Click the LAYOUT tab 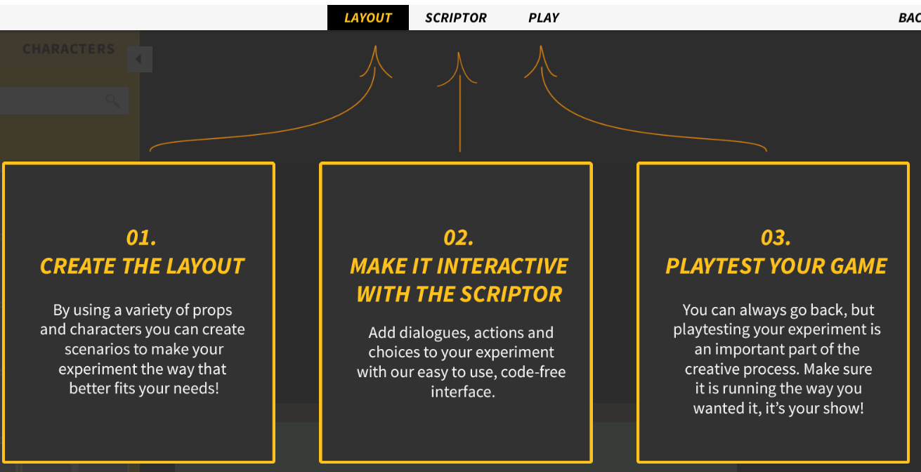click(368, 18)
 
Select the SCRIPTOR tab click(455, 18)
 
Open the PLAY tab click(544, 18)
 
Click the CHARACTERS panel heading click(68, 49)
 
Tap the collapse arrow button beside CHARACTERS click(140, 59)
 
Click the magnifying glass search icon click(112, 100)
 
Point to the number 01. click(141, 237)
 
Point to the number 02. click(459, 237)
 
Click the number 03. click(776, 237)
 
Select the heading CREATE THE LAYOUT click(142, 266)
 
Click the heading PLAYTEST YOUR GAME click(776, 266)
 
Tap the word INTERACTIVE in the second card click(502, 266)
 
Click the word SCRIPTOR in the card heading click(511, 294)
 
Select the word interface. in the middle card click(462, 392)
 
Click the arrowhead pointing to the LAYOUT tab click(375, 46)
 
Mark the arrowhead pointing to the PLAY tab click(541, 46)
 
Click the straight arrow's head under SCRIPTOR click(459, 53)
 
